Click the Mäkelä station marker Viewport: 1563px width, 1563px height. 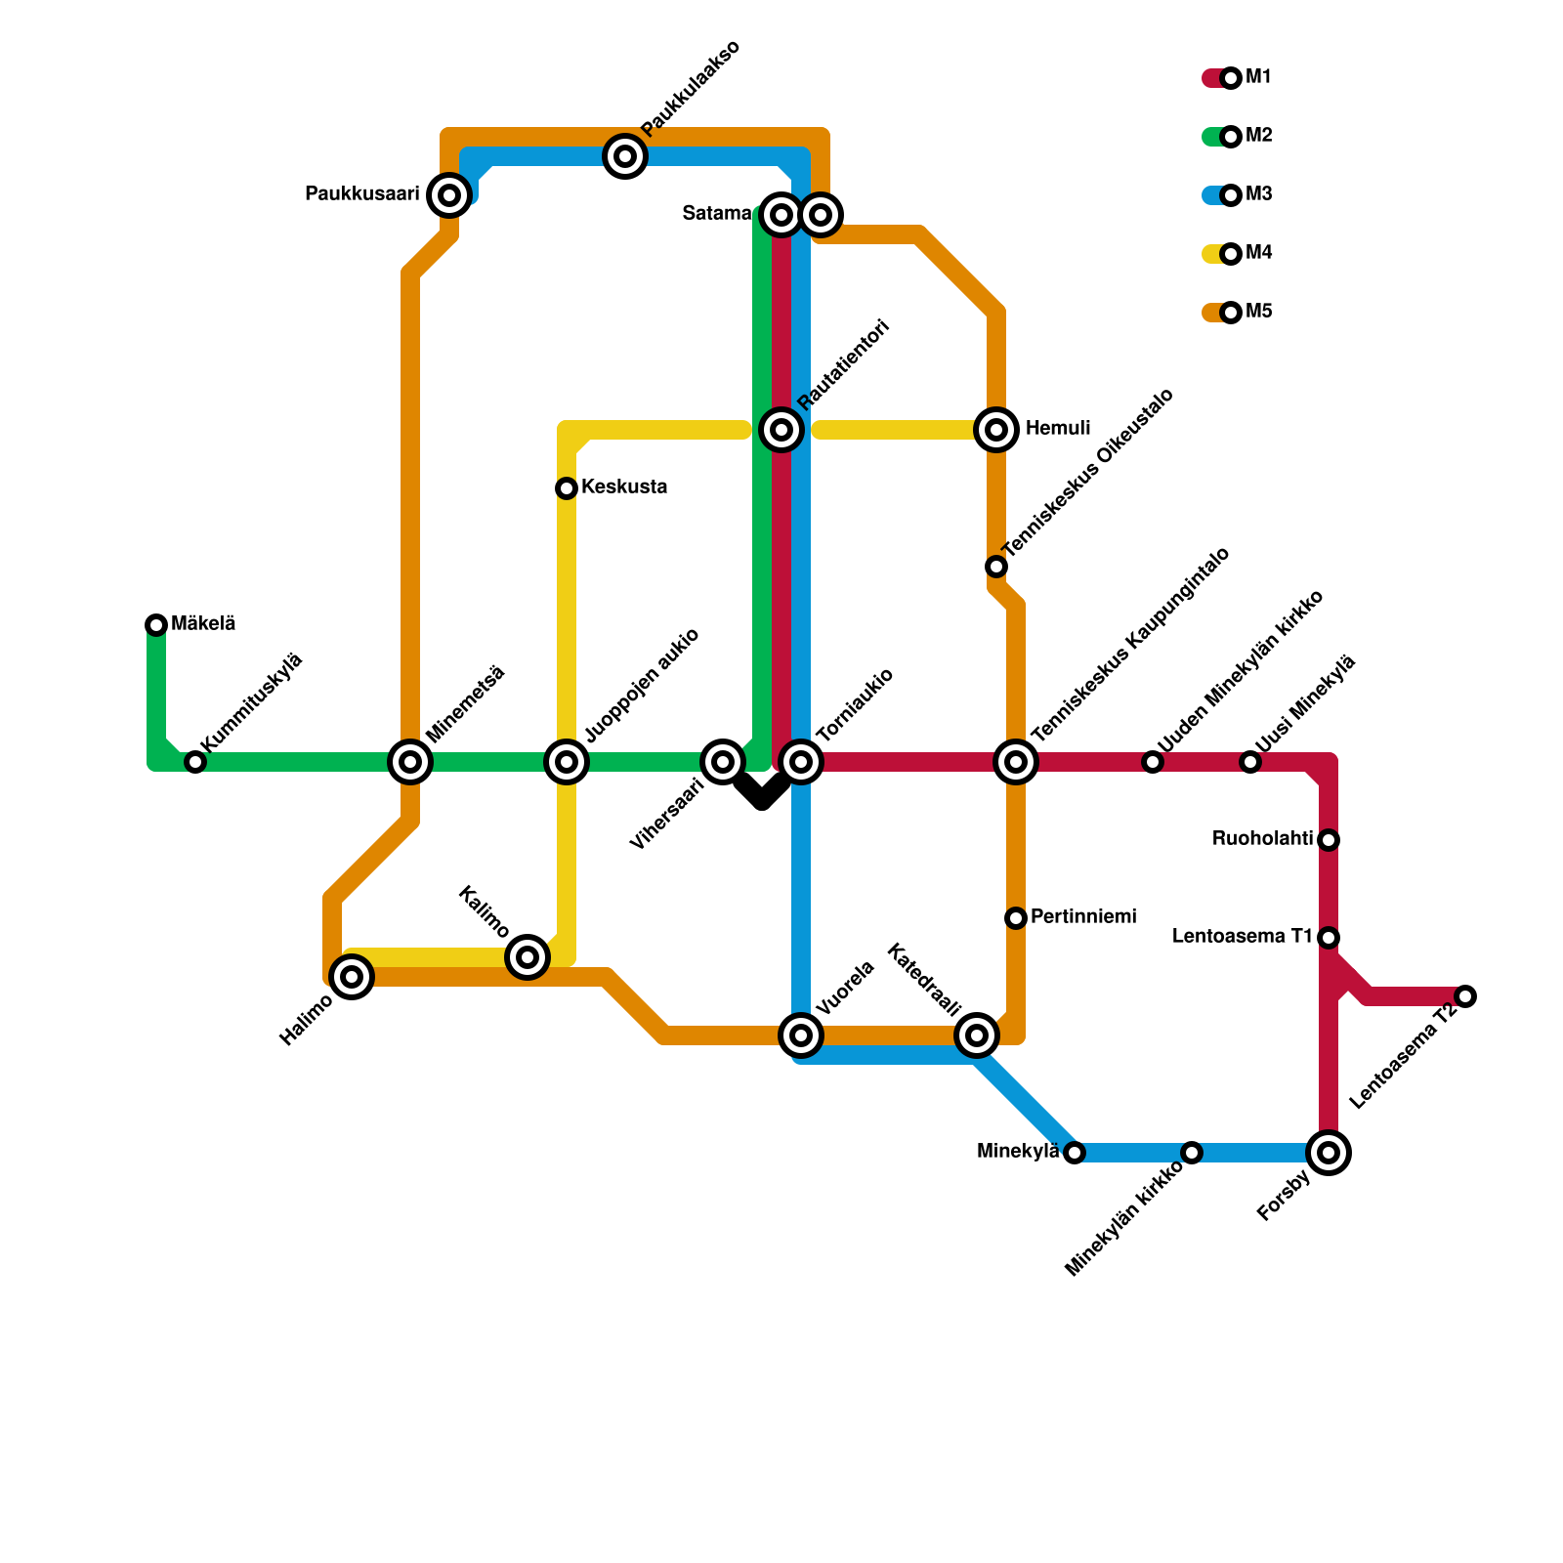(156, 625)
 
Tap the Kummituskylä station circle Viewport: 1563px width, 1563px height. (195, 762)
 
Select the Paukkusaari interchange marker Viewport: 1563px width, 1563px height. (449, 195)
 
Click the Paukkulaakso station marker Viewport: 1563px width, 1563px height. (625, 156)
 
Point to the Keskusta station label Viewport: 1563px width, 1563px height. (624, 487)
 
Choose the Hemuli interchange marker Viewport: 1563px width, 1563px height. (996, 430)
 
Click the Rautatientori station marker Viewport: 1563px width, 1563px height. (781, 430)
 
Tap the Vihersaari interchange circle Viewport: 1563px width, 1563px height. (723, 762)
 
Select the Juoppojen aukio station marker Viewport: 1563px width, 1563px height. (567, 762)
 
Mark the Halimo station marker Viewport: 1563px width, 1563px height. (352, 977)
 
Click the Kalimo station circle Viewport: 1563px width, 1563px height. (528, 957)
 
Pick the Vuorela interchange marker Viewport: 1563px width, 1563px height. (801, 1035)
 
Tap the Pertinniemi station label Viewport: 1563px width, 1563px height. (1083, 917)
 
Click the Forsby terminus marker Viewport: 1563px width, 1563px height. (1329, 1153)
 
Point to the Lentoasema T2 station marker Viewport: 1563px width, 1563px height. (1465, 996)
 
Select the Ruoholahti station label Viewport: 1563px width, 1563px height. (1262, 839)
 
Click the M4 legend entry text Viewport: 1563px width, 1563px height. (1259, 254)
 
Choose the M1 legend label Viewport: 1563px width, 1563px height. (1259, 78)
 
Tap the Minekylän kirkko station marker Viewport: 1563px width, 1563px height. (1192, 1153)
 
